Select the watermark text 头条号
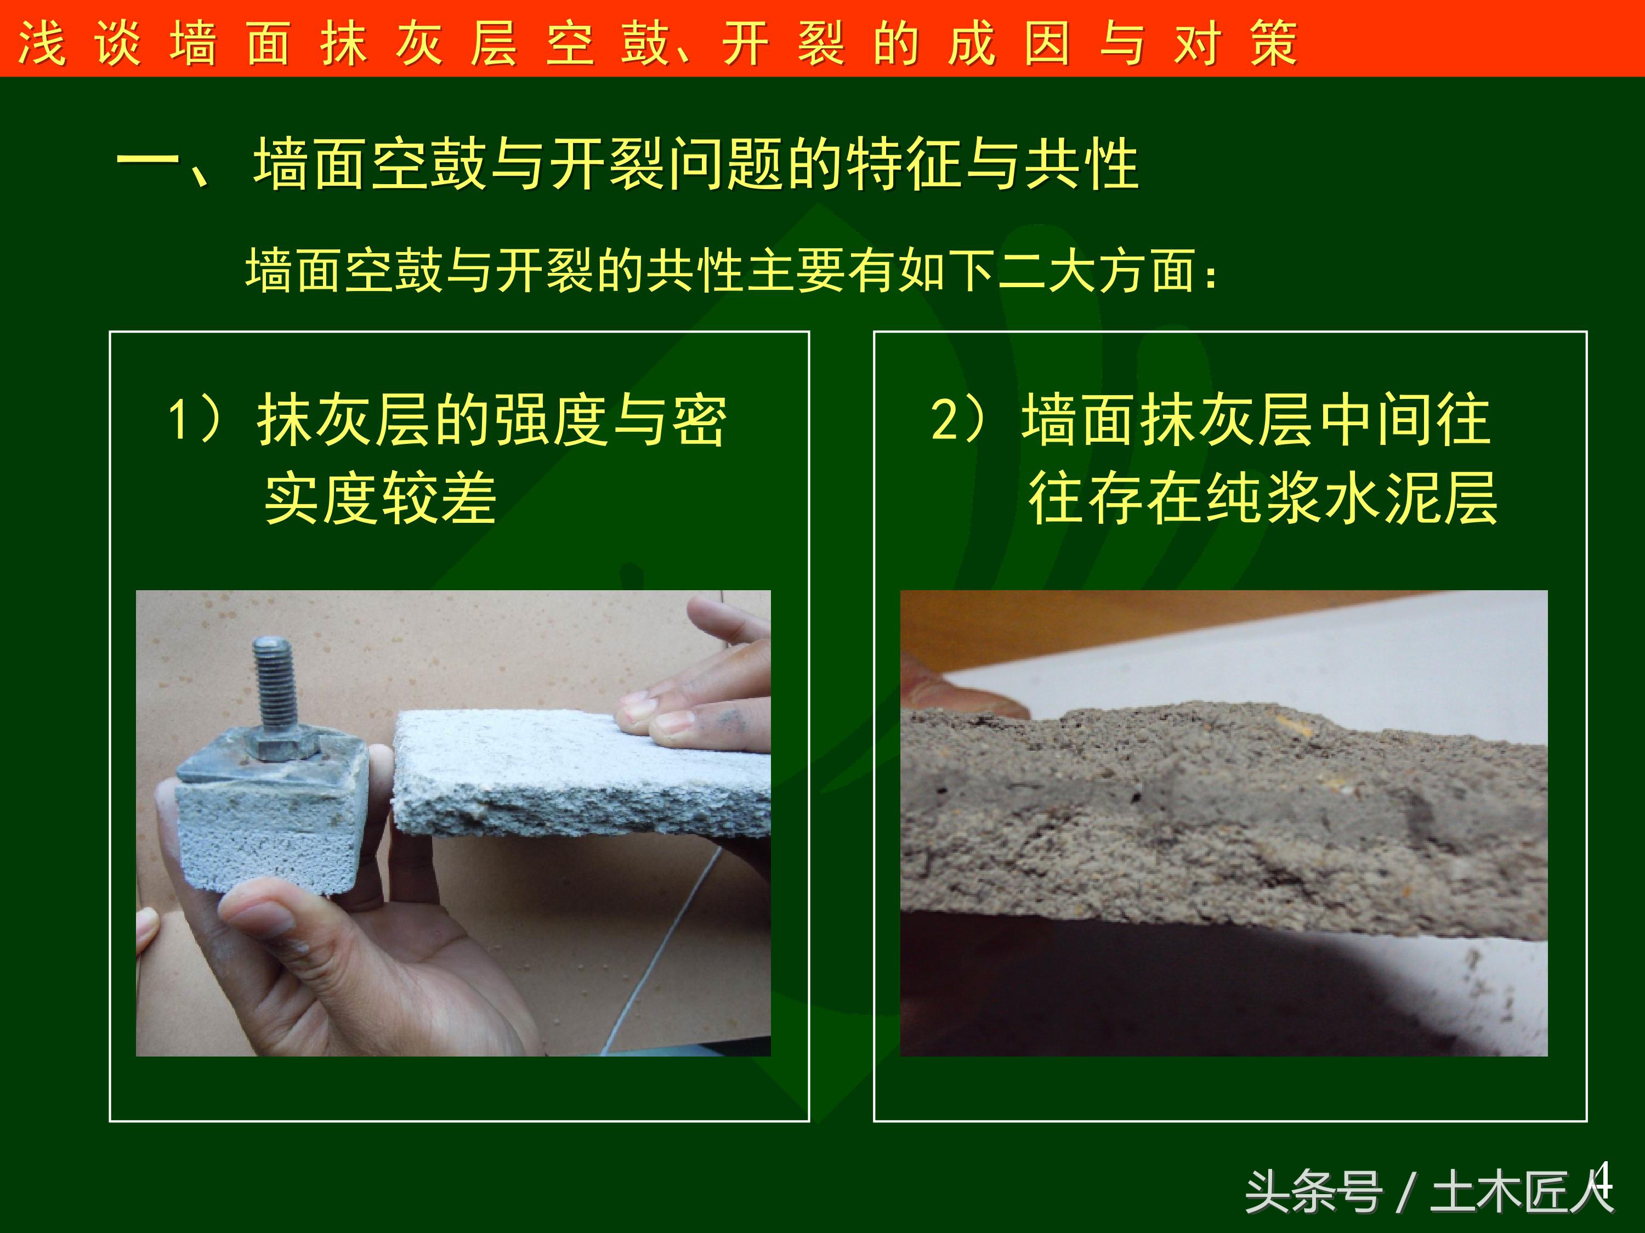point(1313,1192)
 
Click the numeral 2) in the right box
point(960,419)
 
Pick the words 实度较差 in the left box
point(381,498)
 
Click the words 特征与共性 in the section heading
point(993,163)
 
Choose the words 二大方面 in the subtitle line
point(1096,270)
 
